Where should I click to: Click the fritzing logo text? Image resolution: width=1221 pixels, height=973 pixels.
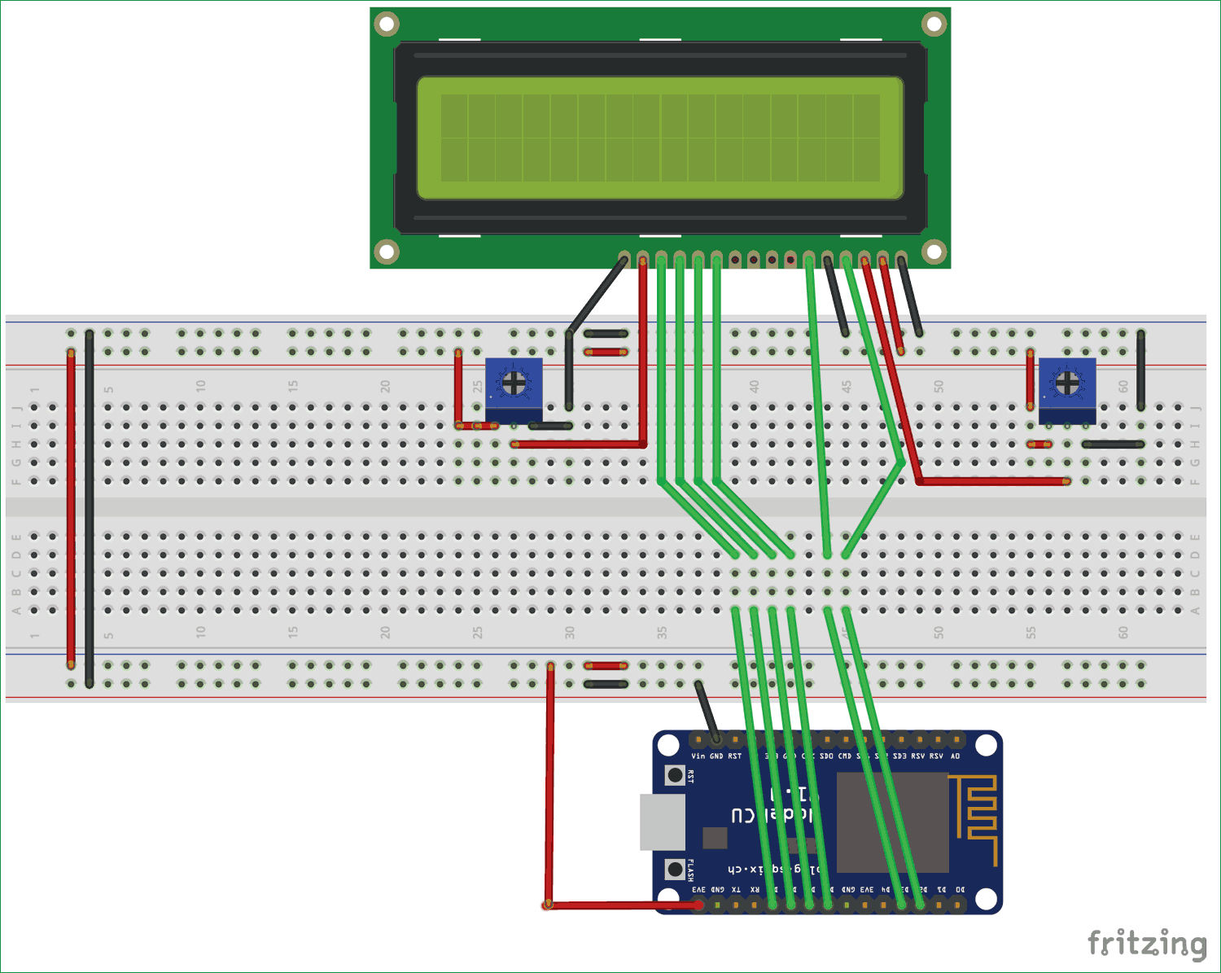click(x=1147, y=944)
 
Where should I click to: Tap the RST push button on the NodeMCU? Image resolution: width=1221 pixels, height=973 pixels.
click(x=675, y=775)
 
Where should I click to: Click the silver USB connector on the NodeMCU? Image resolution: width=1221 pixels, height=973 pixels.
click(x=663, y=822)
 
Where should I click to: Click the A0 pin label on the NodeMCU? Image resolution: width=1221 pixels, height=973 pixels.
click(x=956, y=756)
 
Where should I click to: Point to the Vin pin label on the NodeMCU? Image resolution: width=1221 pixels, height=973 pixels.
click(x=698, y=756)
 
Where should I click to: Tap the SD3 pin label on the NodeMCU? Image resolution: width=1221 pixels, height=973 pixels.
click(x=899, y=756)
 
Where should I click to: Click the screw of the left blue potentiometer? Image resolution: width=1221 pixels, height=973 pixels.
click(x=514, y=383)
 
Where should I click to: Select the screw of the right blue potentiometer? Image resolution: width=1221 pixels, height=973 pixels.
click(x=1066, y=382)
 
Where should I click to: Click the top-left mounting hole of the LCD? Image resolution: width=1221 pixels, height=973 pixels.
click(x=387, y=24)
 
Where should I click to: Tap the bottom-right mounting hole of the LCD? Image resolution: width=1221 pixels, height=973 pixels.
click(x=934, y=252)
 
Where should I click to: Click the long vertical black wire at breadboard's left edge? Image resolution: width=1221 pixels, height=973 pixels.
click(x=90, y=509)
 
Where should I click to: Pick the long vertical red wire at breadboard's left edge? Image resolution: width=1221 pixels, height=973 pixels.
click(x=71, y=509)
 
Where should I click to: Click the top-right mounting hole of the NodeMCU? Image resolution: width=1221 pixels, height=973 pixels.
click(x=986, y=745)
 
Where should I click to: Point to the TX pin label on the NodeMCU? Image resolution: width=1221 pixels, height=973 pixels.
click(x=736, y=890)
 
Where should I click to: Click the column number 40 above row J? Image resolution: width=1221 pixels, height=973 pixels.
click(x=755, y=386)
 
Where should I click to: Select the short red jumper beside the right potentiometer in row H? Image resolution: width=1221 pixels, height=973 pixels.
click(x=1039, y=445)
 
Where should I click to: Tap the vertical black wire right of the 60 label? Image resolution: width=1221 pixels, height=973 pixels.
click(x=1140, y=370)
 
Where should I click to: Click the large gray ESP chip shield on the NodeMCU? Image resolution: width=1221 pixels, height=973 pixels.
click(x=892, y=822)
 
